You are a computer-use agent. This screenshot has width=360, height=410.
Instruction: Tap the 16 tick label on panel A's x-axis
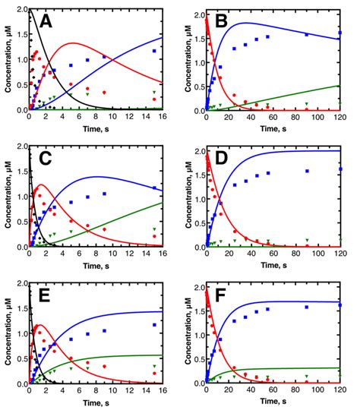point(163,118)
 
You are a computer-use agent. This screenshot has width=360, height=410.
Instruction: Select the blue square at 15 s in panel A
point(154,51)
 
